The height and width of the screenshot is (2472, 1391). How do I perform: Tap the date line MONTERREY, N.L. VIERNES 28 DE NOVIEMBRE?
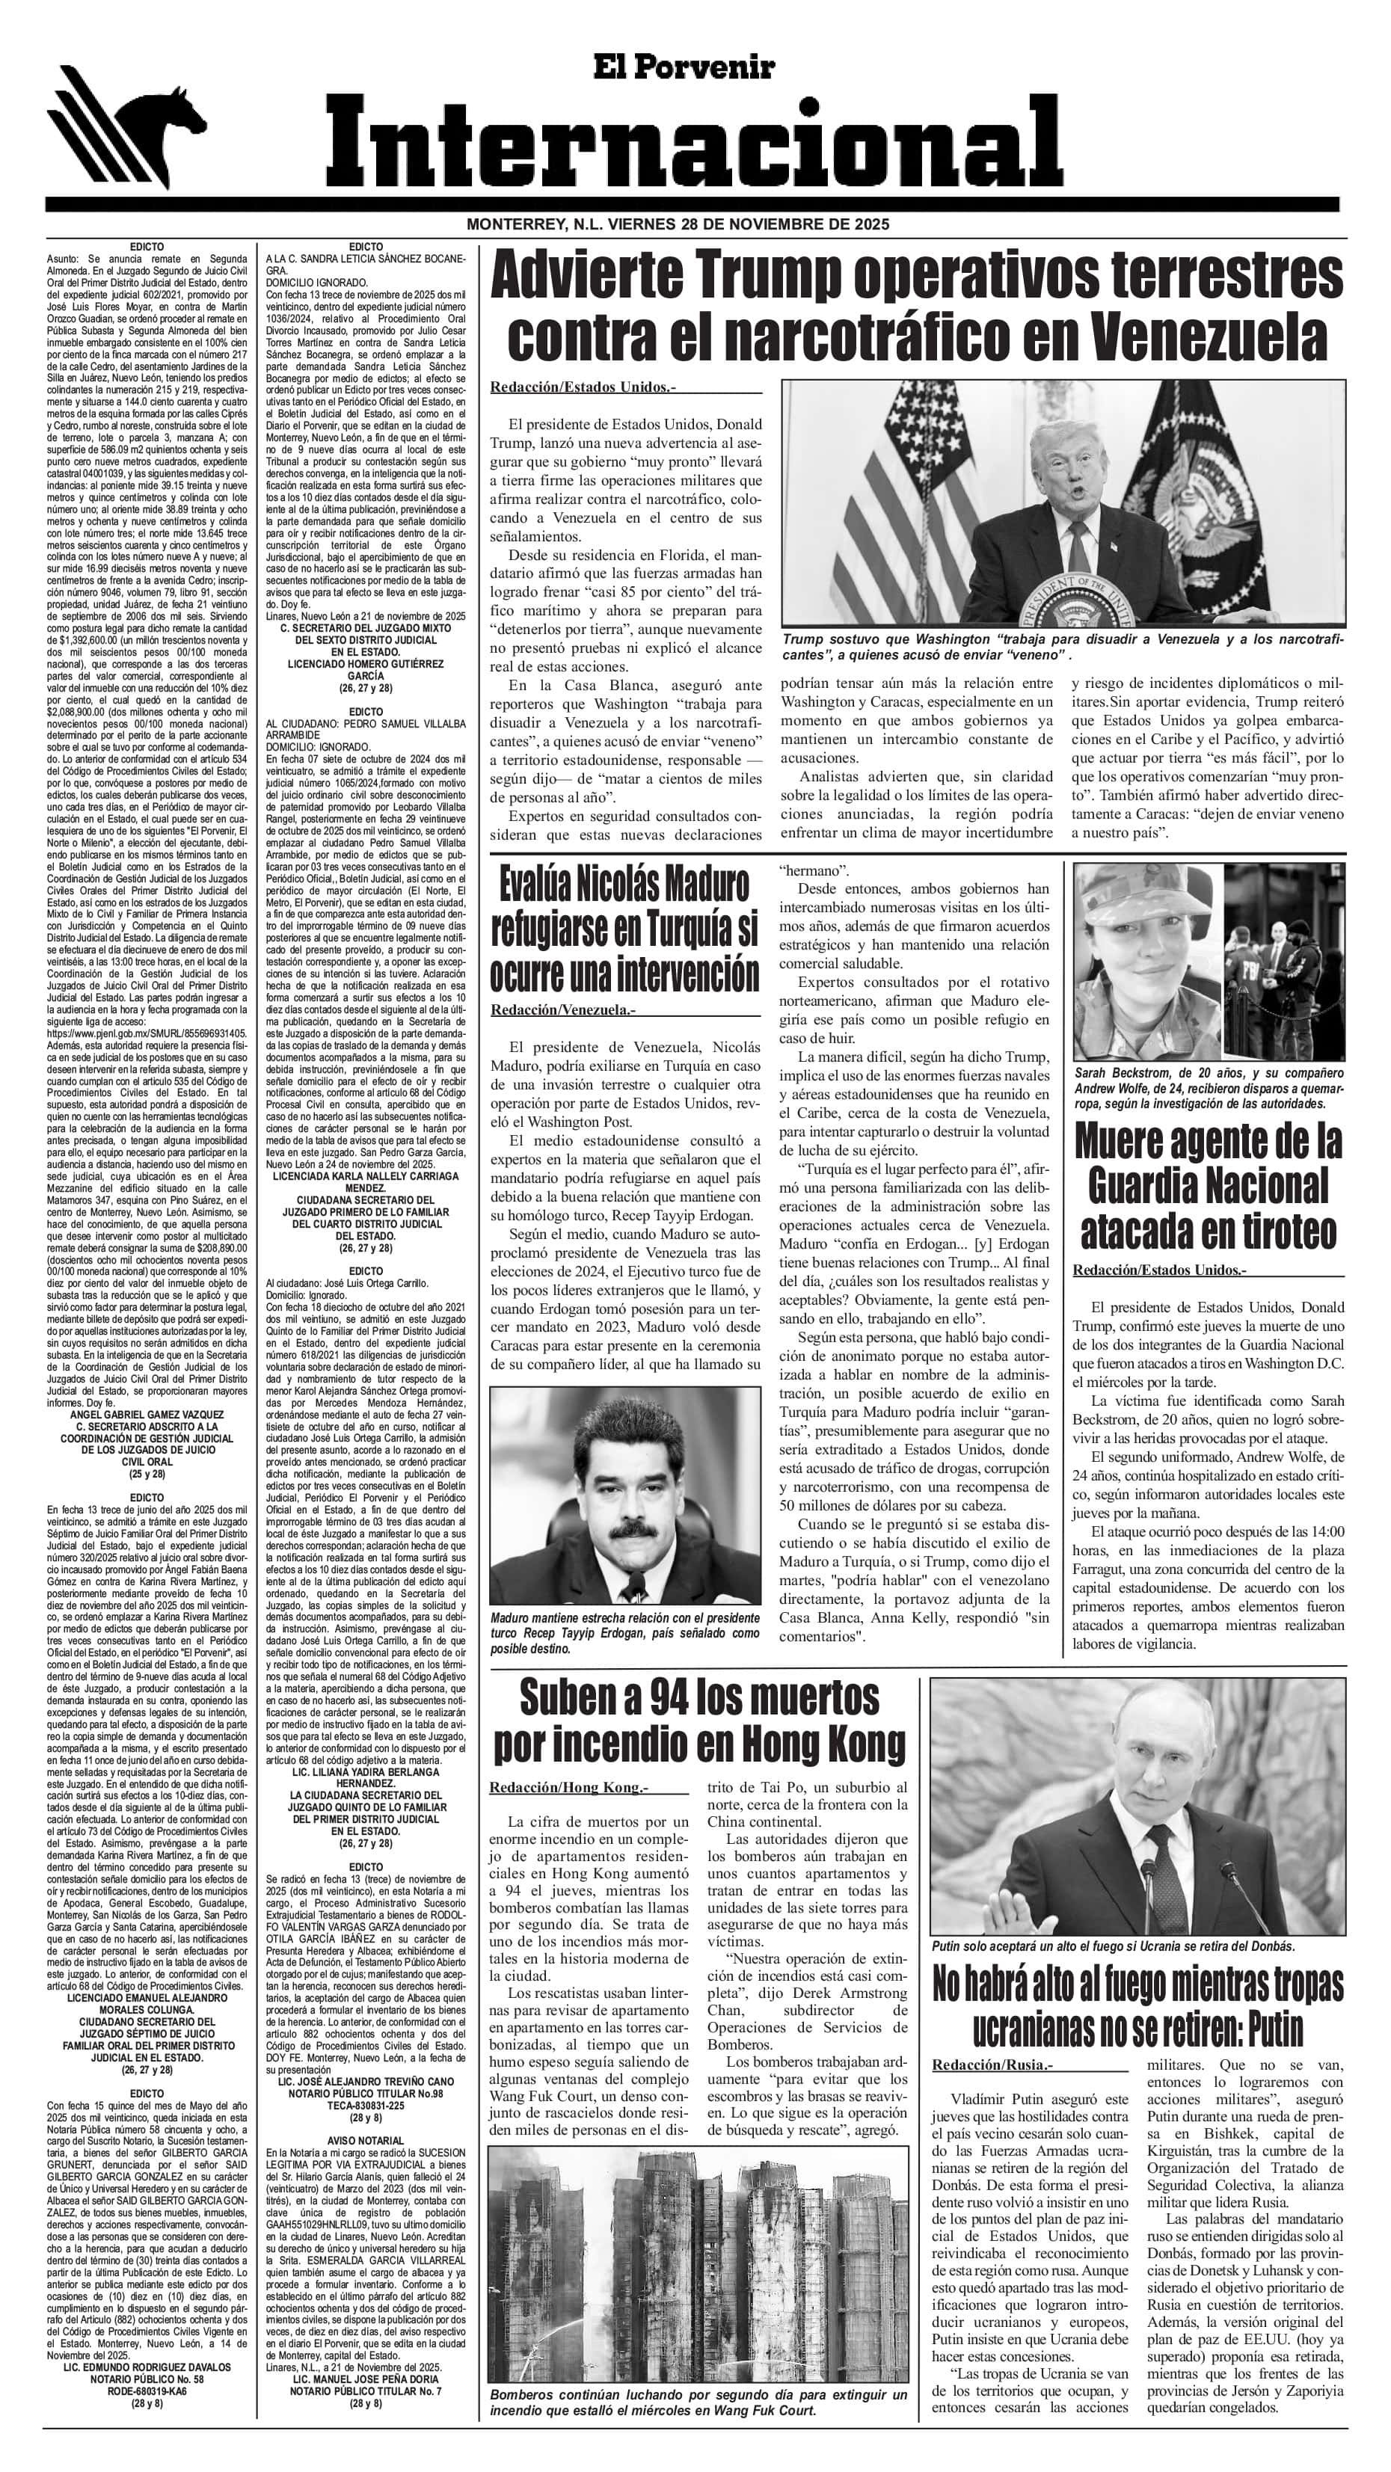pos(678,224)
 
